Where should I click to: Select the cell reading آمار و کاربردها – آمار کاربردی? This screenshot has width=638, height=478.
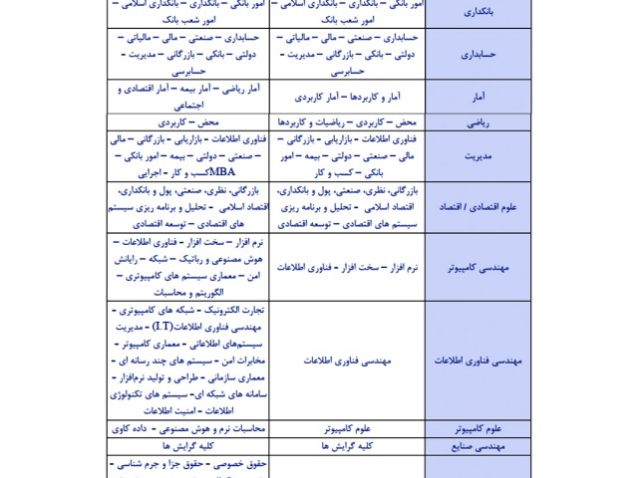[x=348, y=98]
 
